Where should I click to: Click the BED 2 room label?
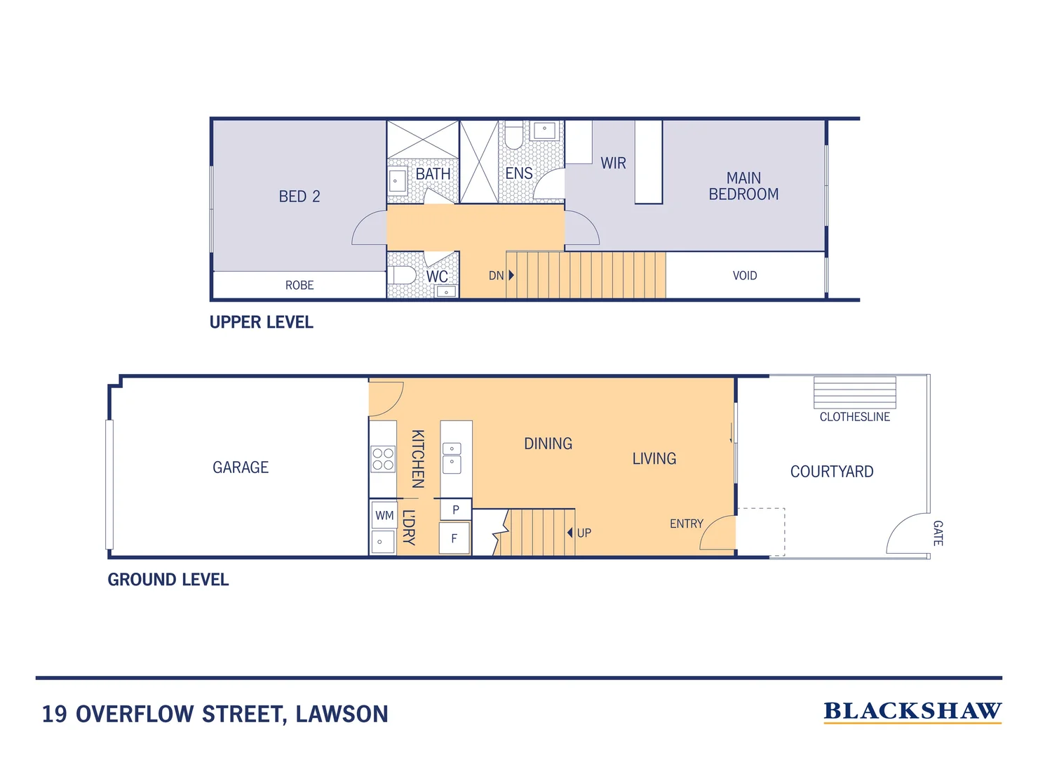pyautogui.click(x=299, y=197)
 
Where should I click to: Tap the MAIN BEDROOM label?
pyautogui.click(x=743, y=187)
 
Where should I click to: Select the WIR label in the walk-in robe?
pyautogui.click(x=613, y=164)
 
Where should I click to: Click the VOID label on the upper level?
pyautogui.click(x=744, y=276)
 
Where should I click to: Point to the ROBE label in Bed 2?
pyautogui.click(x=299, y=285)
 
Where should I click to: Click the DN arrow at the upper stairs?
pyautogui.click(x=511, y=275)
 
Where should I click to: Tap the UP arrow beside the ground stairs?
pyautogui.click(x=570, y=533)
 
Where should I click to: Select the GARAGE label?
pyautogui.click(x=241, y=467)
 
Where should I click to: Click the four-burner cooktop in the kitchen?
pyautogui.click(x=383, y=460)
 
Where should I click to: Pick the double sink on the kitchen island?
pyautogui.click(x=452, y=458)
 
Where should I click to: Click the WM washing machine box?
pyautogui.click(x=384, y=515)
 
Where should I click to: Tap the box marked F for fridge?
pyautogui.click(x=454, y=539)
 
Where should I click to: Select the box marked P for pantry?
pyautogui.click(x=455, y=510)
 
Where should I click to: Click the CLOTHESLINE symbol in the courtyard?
pyautogui.click(x=854, y=393)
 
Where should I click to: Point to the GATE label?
pyautogui.click(x=938, y=533)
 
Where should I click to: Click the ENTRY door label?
pyautogui.click(x=686, y=524)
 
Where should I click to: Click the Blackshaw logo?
pyautogui.click(x=912, y=712)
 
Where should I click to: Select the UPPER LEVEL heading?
pyautogui.click(x=262, y=322)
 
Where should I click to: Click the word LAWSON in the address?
pyautogui.click(x=342, y=714)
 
